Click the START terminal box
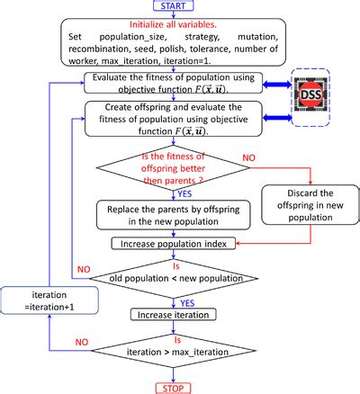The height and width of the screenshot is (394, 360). [175, 7]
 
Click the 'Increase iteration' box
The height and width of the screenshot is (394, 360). [174, 315]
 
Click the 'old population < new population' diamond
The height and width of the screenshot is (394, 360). [174, 274]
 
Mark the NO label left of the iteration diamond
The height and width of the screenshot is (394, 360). [81, 342]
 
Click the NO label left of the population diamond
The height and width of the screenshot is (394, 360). [83, 267]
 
